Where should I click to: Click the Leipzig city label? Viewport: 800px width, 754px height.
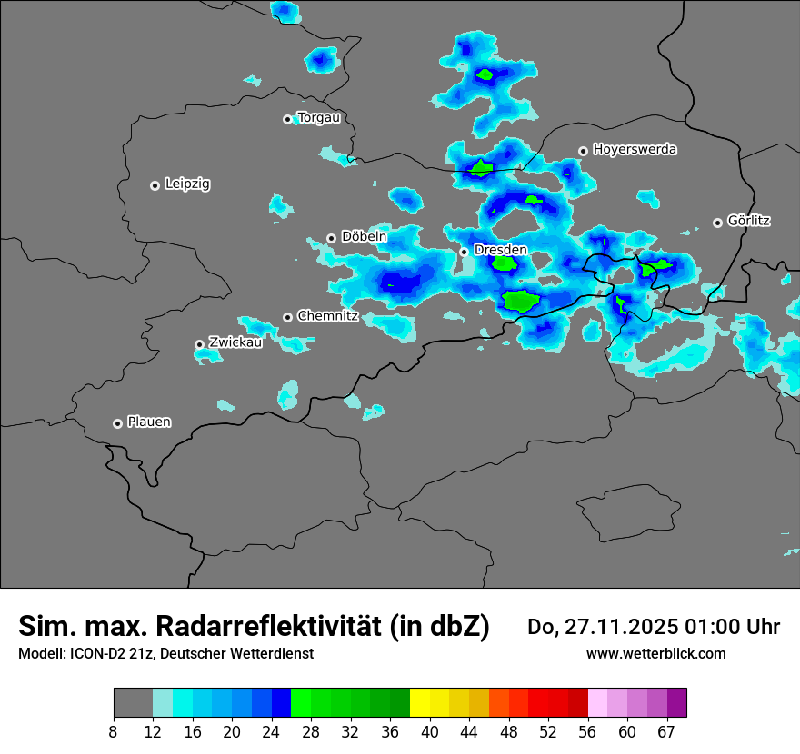[187, 184]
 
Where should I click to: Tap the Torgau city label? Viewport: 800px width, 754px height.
[318, 117]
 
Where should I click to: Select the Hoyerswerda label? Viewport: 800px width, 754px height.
[635, 149]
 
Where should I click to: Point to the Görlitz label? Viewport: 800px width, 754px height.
[749, 220]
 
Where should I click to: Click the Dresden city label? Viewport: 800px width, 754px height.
[500, 250]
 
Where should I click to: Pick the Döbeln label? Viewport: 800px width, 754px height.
[364, 236]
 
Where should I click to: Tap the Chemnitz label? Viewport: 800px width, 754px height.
[327, 316]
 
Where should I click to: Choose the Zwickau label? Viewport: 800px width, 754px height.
[235, 342]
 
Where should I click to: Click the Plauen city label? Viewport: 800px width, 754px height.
[149, 422]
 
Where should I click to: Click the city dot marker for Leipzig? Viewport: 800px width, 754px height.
[155, 185]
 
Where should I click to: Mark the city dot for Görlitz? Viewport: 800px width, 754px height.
[717, 223]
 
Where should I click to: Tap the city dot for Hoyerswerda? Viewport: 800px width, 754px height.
[583, 151]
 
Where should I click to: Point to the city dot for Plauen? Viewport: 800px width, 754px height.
[117, 423]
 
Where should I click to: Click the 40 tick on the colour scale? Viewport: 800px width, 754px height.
[430, 732]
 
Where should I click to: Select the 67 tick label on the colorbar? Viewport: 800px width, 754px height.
[666, 732]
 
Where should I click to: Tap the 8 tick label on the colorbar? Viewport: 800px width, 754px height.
[114, 732]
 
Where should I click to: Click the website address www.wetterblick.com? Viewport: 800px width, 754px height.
[656, 653]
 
